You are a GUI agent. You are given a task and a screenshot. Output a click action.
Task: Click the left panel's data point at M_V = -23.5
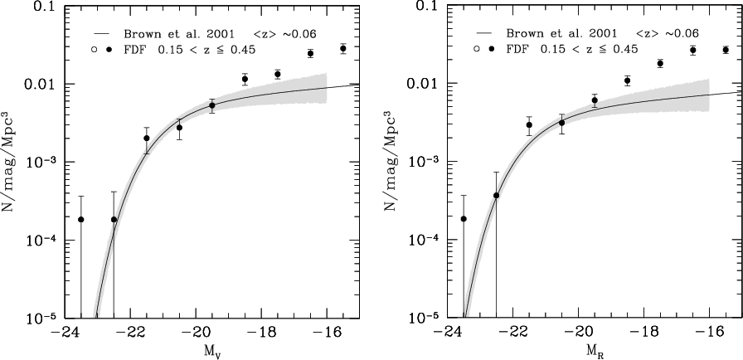click(x=81, y=219)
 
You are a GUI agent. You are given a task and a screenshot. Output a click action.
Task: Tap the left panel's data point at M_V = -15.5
click(x=343, y=48)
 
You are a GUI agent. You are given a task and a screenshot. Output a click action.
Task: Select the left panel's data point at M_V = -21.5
click(x=147, y=139)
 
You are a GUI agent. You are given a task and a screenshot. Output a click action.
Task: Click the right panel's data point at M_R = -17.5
click(x=660, y=63)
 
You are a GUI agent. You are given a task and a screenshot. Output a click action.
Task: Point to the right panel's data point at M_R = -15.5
click(x=726, y=50)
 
